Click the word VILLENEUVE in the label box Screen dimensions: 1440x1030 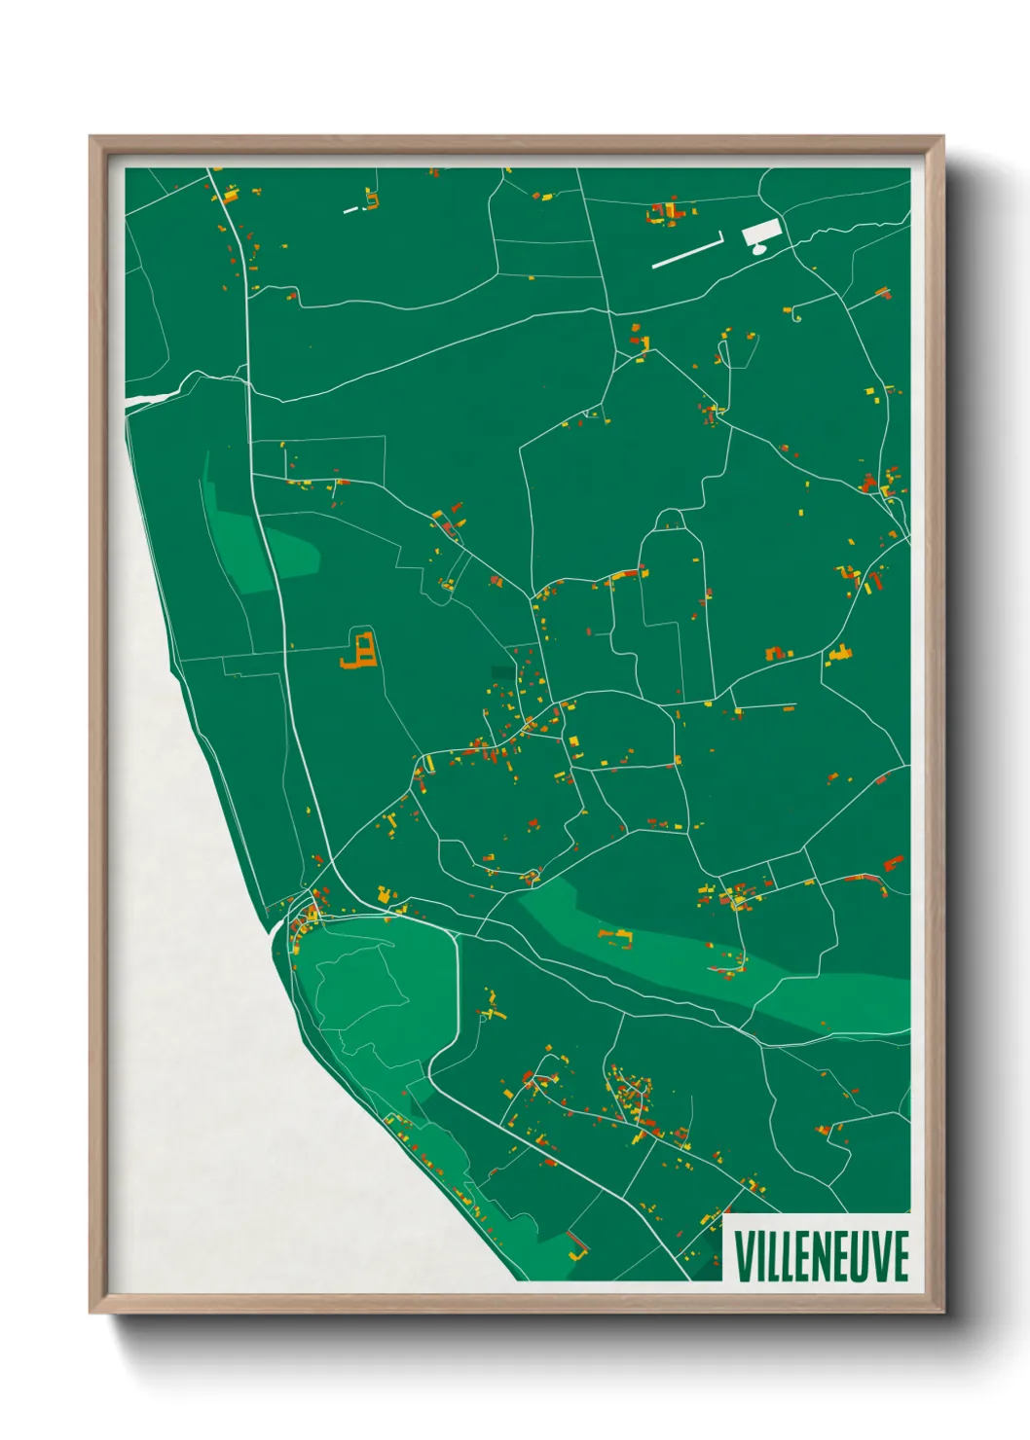(821, 1255)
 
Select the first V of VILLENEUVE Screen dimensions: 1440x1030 (745, 1255)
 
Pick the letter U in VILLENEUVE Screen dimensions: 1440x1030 (865, 1255)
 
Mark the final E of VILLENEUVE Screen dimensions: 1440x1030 (901, 1255)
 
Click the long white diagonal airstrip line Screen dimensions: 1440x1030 (684, 250)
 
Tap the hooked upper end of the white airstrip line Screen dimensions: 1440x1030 (720, 234)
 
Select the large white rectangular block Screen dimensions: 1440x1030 (761, 232)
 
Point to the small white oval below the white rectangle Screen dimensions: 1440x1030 (758, 249)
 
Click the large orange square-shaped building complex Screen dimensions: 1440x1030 (359, 650)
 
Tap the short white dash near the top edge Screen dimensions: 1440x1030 (350, 209)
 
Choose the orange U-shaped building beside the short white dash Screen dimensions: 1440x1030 (371, 201)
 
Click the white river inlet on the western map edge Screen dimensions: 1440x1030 (151, 397)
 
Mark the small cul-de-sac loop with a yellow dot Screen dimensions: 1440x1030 (797, 317)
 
